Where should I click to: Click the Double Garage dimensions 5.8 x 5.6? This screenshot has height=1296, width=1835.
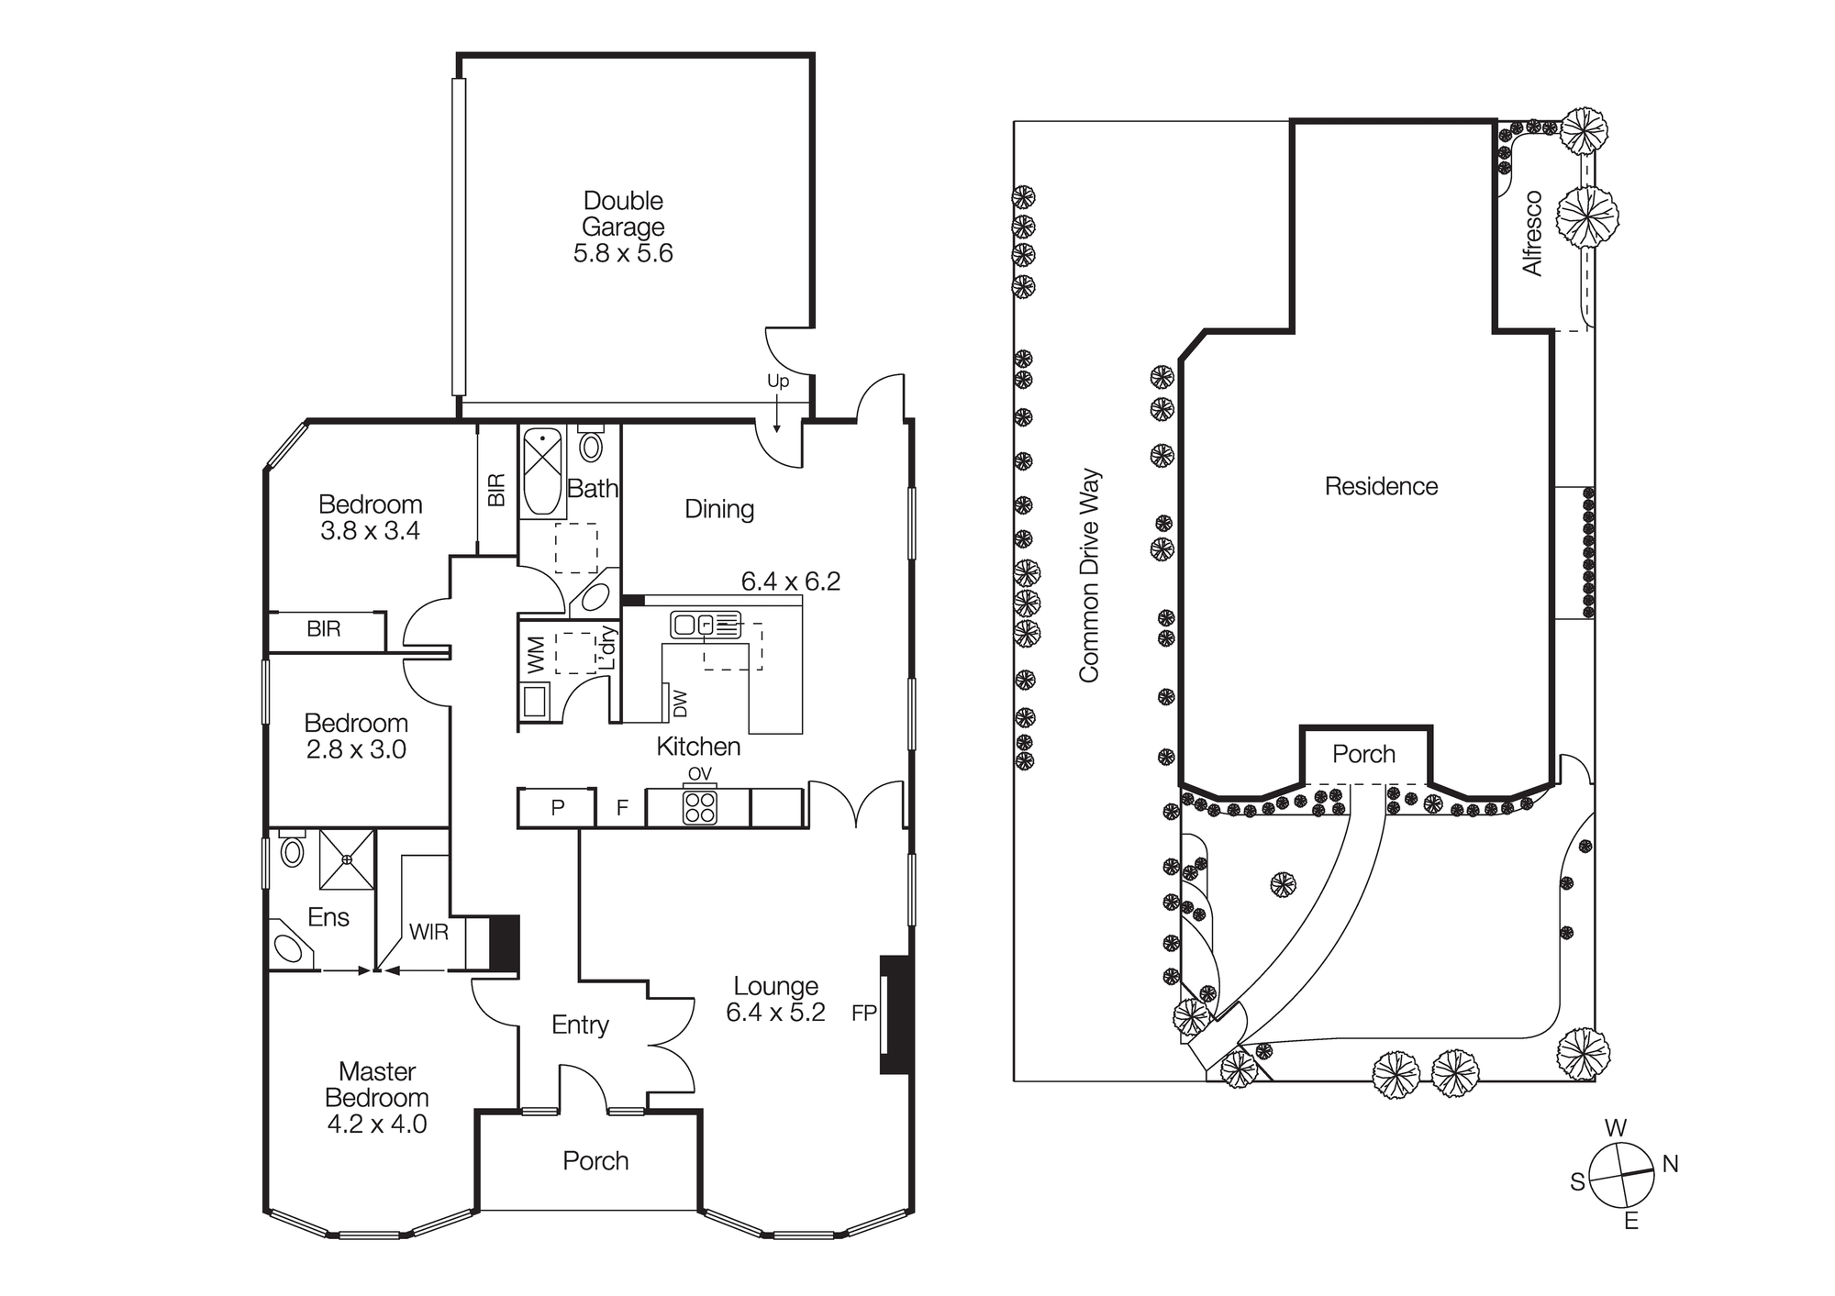[x=623, y=253]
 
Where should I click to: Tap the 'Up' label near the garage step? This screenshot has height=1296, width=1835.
[x=777, y=382]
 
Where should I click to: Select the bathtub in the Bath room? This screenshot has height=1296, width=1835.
[x=542, y=473]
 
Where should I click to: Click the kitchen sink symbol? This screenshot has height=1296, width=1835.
[x=705, y=625]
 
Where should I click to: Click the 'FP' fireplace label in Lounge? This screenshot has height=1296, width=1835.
[x=864, y=1014]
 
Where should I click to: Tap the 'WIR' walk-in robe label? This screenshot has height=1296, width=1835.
[x=428, y=933]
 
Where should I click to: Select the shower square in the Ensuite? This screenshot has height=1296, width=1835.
[x=347, y=859]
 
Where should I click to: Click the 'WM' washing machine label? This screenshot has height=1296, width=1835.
[x=537, y=654]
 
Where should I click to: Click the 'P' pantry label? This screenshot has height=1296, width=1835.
[x=557, y=808]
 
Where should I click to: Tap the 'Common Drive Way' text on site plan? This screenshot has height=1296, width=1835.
[x=1089, y=576]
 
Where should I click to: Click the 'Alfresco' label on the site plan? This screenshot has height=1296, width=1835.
[x=1532, y=233]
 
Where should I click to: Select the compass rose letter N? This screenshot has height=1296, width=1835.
[x=1670, y=1164]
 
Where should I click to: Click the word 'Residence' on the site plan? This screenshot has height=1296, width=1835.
[x=1381, y=486]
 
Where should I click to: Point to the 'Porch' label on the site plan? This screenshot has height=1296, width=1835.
[x=1363, y=754]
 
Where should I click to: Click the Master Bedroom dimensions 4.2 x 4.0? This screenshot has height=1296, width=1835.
[x=377, y=1124]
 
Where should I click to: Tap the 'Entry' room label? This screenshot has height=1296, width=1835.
[x=580, y=1025]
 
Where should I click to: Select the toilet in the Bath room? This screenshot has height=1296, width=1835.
[x=592, y=446]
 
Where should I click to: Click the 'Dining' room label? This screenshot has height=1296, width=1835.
[x=719, y=509]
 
